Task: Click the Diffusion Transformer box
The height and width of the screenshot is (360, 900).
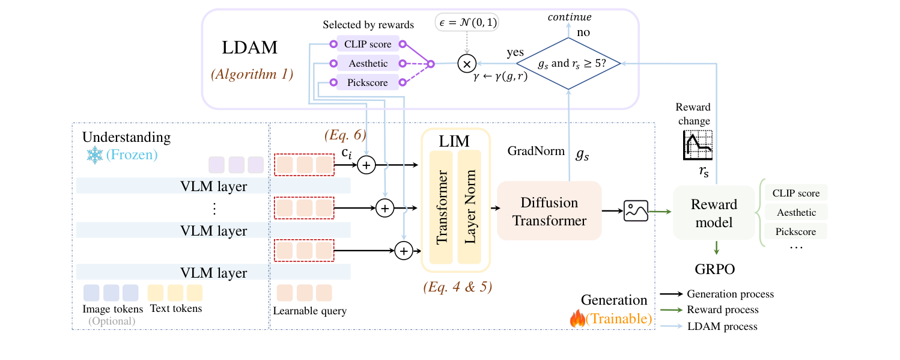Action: coord(549,211)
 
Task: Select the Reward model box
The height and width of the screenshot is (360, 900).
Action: coord(714,213)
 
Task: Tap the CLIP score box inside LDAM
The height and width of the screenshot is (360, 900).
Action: coord(368,44)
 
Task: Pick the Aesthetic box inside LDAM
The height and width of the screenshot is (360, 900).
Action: coord(368,63)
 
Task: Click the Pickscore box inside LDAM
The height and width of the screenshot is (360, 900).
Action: coord(368,82)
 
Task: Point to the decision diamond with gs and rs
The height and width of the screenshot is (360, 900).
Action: coord(568,63)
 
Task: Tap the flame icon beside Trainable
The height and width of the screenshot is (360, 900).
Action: coord(577,319)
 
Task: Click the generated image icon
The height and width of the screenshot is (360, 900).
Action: coord(635,211)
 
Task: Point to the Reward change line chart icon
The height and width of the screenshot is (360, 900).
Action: coord(696,145)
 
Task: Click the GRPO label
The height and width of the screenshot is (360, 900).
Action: coord(715,269)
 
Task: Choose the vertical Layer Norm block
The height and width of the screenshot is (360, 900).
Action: coord(469,207)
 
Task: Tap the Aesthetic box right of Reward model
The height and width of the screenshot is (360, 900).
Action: coord(796,212)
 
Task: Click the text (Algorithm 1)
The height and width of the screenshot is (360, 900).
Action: coord(252,75)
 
